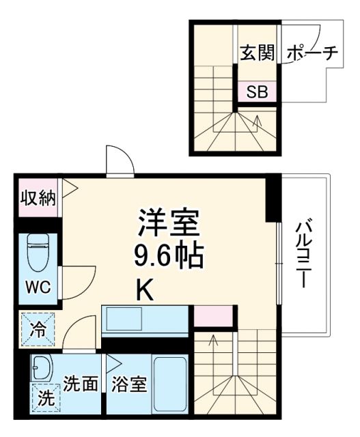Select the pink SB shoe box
(x=257, y=92)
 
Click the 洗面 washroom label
(x=80, y=384)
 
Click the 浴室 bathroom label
(x=129, y=384)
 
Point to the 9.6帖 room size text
(x=168, y=257)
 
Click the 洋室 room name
(x=168, y=222)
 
